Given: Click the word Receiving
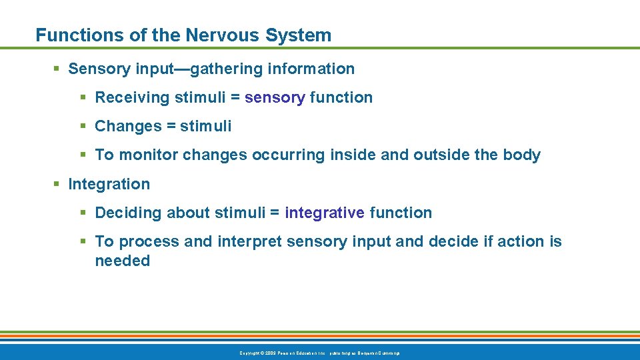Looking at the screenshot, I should [133, 97].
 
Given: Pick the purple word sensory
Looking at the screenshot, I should [275, 97].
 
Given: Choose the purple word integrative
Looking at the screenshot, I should [325, 213].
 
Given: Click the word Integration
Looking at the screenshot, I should [109, 184].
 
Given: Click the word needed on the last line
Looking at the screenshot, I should [123, 261].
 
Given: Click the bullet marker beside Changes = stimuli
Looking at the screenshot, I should [84, 126].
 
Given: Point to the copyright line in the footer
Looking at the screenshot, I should [319, 353].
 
